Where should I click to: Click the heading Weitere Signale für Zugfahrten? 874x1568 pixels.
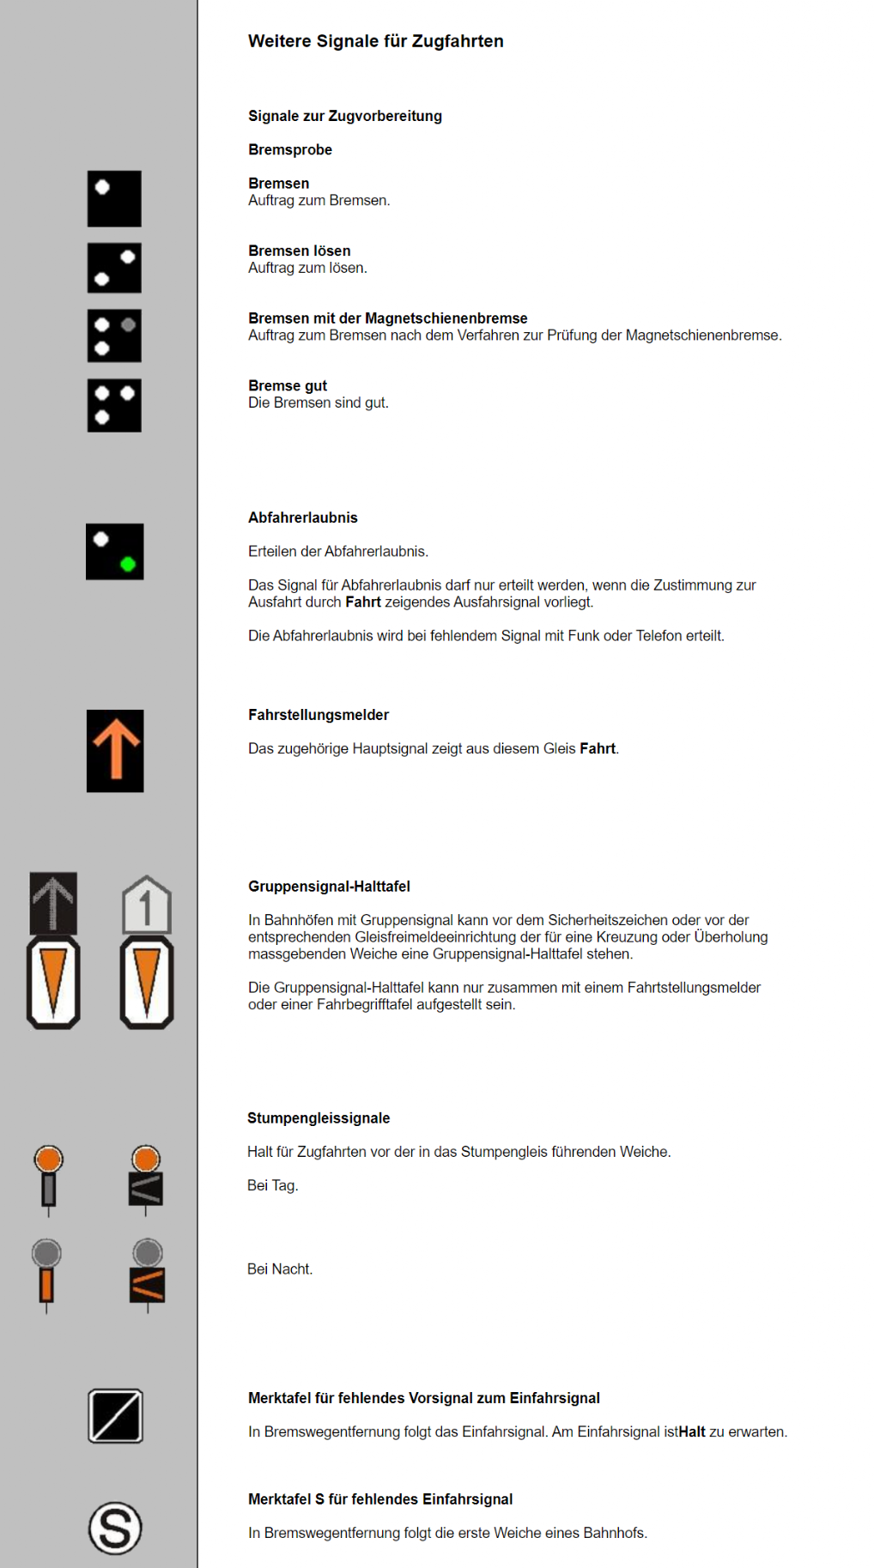(375, 41)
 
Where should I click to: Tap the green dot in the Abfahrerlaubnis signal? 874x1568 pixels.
(128, 564)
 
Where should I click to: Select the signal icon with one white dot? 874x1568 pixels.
(114, 198)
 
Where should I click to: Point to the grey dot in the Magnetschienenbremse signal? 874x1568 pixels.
(128, 325)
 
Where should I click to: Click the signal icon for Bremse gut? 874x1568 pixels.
(114, 405)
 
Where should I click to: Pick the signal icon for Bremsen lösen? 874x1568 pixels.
(114, 268)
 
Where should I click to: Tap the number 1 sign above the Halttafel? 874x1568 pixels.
(146, 905)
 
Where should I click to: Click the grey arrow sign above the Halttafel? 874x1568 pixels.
(53, 903)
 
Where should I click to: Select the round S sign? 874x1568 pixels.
(115, 1528)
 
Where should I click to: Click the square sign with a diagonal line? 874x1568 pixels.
(115, 1416)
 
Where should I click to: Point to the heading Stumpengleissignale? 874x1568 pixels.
(319, 1117)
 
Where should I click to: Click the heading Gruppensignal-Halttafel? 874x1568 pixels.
(329, 886)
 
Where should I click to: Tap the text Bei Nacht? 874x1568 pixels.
(280, 1268)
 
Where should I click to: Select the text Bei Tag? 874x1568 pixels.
(273, 1185)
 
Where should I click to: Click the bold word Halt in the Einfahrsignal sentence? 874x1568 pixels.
(692, 1432)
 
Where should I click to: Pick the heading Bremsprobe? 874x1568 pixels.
(290, 149)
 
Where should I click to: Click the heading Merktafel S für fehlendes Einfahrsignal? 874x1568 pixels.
(380, 1499)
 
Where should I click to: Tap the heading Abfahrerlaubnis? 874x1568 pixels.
(303, 518)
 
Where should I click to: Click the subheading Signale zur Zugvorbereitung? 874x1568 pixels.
(345, 116)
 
